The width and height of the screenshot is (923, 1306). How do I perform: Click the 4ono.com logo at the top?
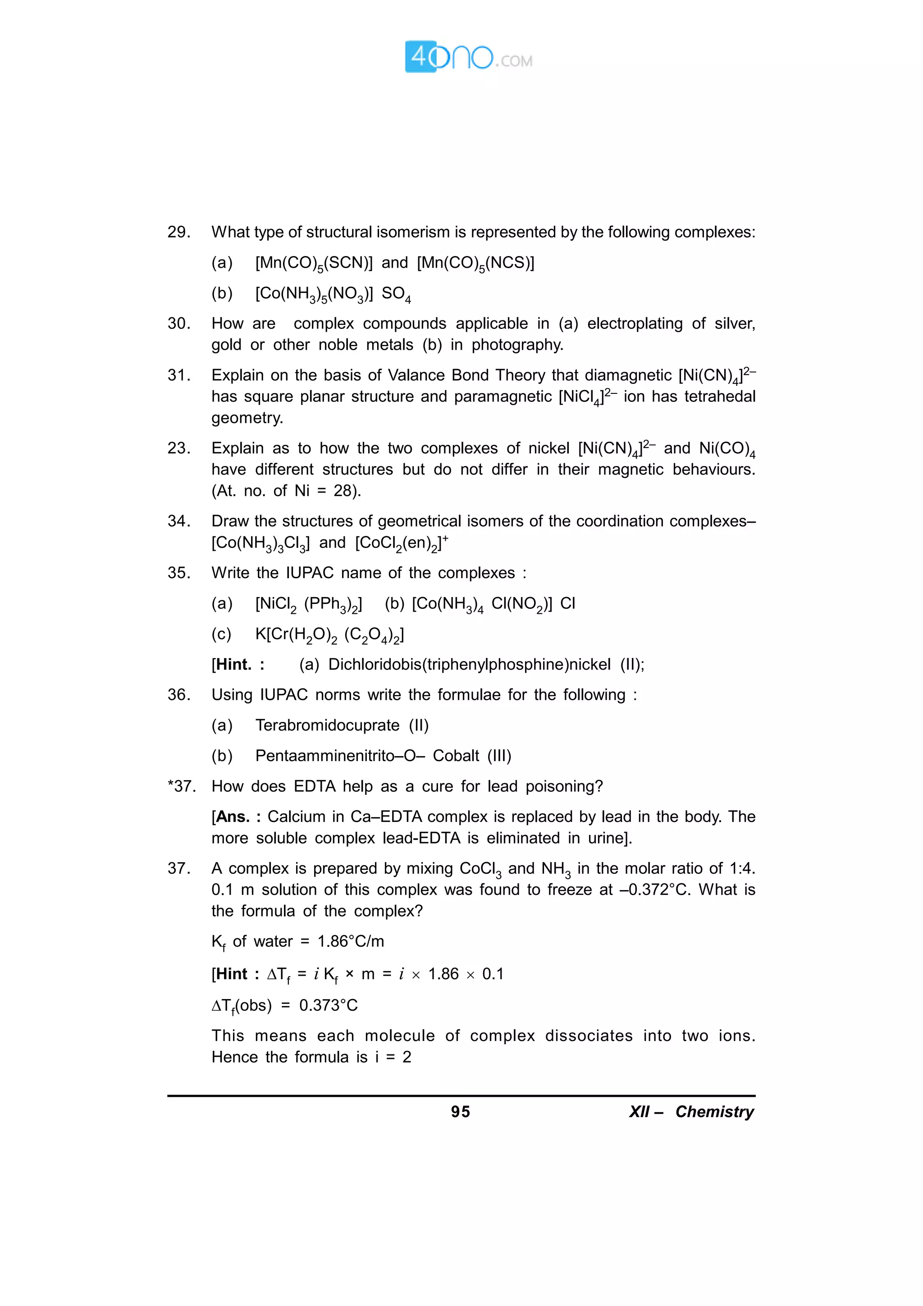pos(468,56)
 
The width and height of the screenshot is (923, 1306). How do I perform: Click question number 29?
pos(178,232)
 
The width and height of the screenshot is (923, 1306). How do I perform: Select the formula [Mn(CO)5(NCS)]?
pos(475,263)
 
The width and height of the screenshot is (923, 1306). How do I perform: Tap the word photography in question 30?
pos(516,345)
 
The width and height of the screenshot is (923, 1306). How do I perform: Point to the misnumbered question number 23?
pos(178,448)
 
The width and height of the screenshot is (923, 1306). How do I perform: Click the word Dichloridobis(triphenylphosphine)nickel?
pos(469,664)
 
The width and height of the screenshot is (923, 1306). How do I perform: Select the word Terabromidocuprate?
pos(327,725)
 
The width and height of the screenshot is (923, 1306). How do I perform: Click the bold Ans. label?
pos(233,817)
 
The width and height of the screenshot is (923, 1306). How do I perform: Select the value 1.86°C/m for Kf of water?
pos(350,941)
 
